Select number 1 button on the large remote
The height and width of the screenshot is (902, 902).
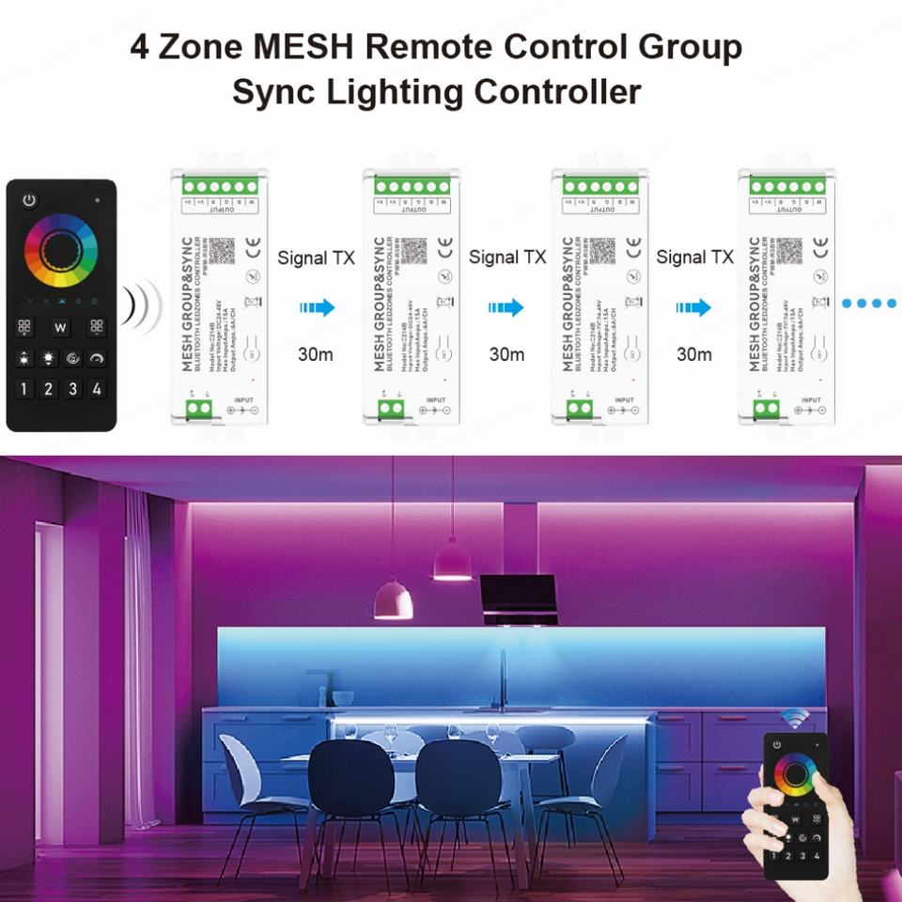(23, 388)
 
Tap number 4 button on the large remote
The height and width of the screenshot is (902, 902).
(97, 388)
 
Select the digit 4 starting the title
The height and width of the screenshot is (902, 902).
(140, 48)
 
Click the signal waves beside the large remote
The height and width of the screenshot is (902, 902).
(146, 305)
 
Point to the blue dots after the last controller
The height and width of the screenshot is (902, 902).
(869, 304)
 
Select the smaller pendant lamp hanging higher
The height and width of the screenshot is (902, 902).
(453, 560)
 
